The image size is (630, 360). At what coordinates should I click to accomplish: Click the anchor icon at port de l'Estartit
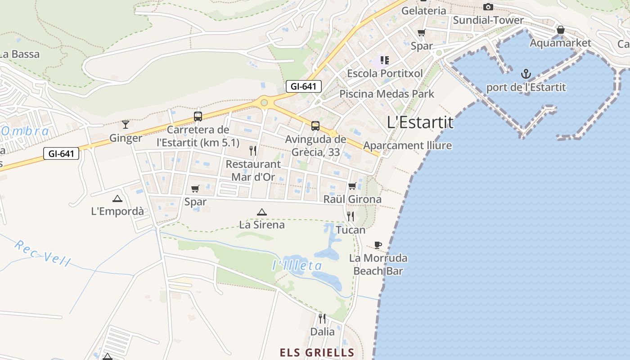point(526,73)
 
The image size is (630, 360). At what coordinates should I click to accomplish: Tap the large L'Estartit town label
point(420,122)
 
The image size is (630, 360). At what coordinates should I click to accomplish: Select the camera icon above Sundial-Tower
point(488,7)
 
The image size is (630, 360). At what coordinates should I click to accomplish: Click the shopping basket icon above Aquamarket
point(561,30)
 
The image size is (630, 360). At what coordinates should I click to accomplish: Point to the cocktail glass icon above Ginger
point(126,124)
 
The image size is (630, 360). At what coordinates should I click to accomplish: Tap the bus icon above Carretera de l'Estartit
point(198,117)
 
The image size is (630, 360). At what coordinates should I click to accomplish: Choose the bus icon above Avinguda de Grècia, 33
point(315,126)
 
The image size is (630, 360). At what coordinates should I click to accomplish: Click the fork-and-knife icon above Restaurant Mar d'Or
point(253,150)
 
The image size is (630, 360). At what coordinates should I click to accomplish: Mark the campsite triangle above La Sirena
point(261,211)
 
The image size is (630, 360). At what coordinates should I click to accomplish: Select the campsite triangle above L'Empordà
point(117,198)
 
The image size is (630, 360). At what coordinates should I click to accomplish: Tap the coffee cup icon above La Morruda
point(378,245)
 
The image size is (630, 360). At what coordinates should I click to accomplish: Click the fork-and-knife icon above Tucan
point(351,216)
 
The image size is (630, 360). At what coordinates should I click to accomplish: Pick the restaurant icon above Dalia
point(322,319)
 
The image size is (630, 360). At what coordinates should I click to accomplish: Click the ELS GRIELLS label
point(317,352)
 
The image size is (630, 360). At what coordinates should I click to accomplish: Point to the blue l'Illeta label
point(297,265)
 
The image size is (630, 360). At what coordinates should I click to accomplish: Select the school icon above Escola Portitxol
point(384,59)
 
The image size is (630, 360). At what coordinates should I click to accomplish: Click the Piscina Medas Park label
point(387,94)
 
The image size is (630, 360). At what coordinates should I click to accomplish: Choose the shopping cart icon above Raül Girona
point(352,186)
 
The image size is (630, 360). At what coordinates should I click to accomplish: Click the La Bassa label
point(20,54)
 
